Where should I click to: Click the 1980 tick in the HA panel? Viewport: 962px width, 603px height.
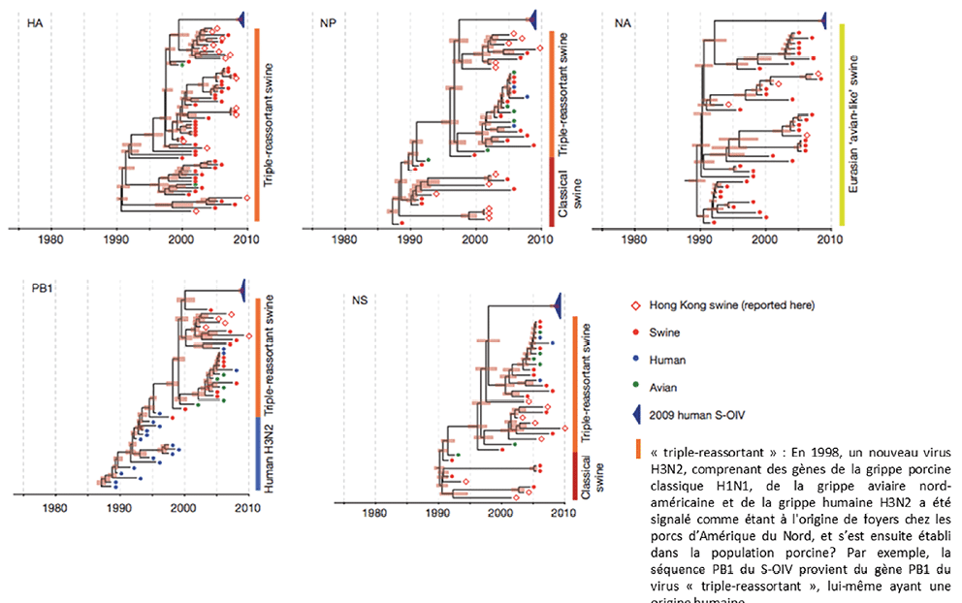(x=50, y=241)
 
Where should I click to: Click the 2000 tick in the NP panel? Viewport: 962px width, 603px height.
(x=475, y=241)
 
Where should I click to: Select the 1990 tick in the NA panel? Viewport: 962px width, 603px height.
(x=699, y=241)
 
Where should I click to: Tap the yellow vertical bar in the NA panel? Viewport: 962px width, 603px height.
(x=841, y=127)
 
